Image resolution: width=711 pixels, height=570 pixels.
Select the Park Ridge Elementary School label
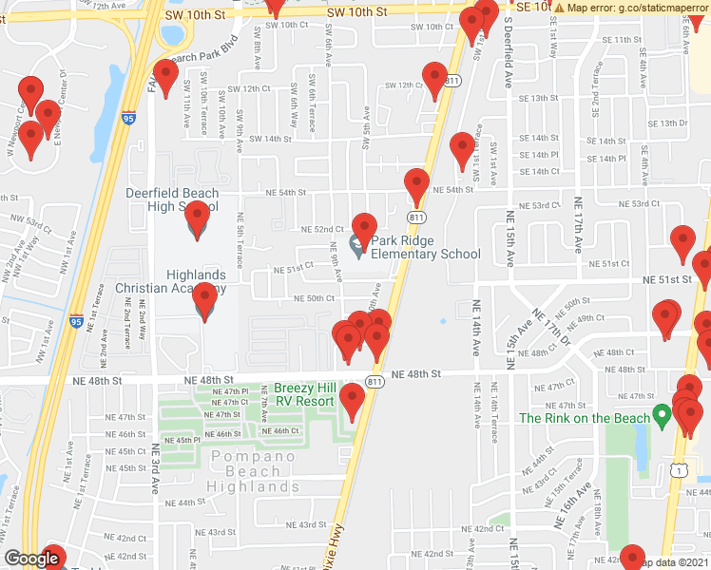[425, 247]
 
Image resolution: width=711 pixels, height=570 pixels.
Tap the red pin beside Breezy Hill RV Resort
[353, 402]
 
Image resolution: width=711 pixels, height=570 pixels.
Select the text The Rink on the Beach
[584, 418]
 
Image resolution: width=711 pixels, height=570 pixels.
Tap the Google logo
[30, 560]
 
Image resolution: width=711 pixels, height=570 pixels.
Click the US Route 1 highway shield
[677, 469]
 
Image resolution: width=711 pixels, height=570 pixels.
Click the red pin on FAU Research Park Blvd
[166, 78]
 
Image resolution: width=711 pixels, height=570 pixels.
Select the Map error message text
[632, 8]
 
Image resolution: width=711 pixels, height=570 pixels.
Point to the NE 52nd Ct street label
[322, 229]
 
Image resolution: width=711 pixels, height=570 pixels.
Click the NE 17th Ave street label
[576, 223]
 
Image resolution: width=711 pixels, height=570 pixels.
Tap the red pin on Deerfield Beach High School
[197, 219]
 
